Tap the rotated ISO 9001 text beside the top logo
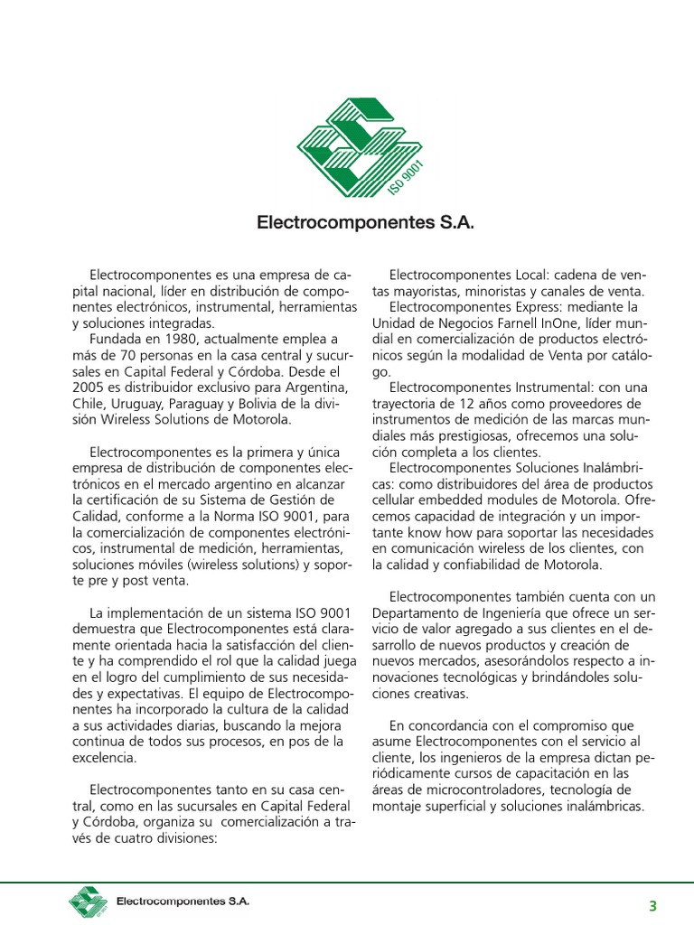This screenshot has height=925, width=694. tap(407, 178)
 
